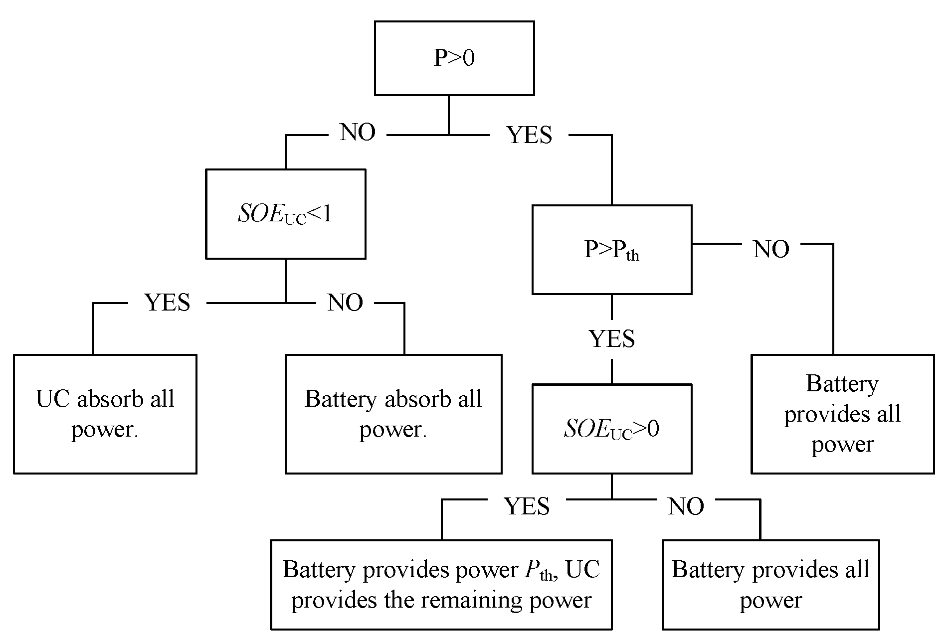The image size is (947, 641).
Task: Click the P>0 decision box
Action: coord(454,58)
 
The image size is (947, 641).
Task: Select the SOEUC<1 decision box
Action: coord(285,214)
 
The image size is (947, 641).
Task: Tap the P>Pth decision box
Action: coord(611,249)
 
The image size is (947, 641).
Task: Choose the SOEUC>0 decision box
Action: coord(611,429)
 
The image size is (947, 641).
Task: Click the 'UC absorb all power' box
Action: coord(105,414)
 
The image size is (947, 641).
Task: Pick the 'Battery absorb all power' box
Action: coord(393,414)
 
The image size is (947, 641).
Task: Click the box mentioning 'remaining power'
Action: coord(441,584)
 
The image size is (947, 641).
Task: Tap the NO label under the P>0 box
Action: coord(358,133)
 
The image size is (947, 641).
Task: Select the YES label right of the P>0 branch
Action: coord(529,135)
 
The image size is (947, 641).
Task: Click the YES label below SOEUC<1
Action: coord(167,303)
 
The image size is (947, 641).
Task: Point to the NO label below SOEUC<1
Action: coord(345,303)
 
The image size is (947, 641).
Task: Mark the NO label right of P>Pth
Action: coord(771,249)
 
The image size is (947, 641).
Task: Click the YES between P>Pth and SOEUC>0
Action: coord(612,339)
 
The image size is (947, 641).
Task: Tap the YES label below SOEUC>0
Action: coord(527,506)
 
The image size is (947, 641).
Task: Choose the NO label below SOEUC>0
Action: coord(686,506)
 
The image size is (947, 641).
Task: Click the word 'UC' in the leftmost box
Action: coord(52,399)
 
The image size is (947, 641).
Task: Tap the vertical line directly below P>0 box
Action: coord(448,115)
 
